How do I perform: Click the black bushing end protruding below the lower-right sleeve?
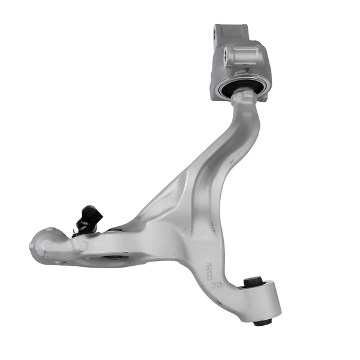(262, 322)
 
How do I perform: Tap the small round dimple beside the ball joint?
(82, 245)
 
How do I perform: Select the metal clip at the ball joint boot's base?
(77, 230)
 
